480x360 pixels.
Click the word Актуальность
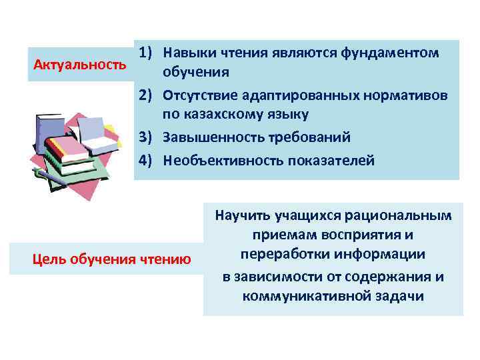[x=79, y=65]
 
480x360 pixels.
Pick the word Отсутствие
[x=197, y=95]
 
